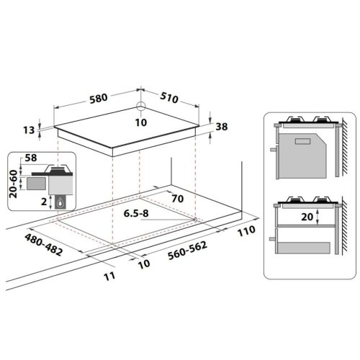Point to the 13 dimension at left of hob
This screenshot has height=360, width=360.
[x=29, y=130]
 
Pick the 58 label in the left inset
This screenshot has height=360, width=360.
[x=32, y=156]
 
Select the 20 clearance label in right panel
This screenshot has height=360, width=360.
[x=306, y=216]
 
